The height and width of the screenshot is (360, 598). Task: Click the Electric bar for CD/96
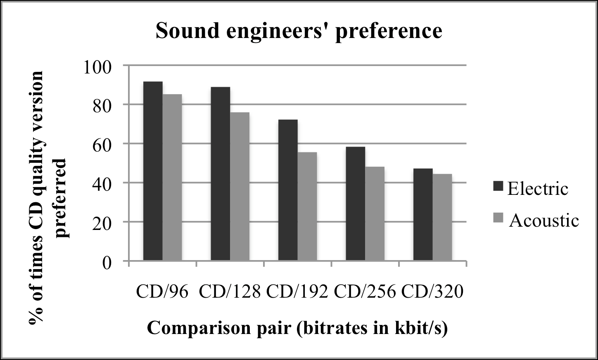click(x=152, y=171)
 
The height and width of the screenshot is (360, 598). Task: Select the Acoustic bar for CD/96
click(x=172, y=178)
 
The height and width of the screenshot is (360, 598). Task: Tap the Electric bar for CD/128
click(x=220, y=173)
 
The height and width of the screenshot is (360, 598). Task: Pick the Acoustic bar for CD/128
click(x=240, y=187)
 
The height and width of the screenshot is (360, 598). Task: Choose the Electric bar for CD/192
click(x=288, y=190)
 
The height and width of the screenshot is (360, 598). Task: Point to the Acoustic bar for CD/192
click(x=307, y=206)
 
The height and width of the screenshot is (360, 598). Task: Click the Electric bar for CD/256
click(x=355, y=204)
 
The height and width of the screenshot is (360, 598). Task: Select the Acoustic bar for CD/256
click(x=375, y=213)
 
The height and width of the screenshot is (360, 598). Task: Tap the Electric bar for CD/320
click(x=423, y=215)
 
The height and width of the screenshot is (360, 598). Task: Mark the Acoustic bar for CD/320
click(x=442, y=217)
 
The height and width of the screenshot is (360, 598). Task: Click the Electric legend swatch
click(x=498, y=188)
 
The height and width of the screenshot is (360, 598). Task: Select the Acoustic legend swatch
click(x=498, y=220)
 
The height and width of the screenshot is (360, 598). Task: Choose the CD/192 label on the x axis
click(x=297, y=291)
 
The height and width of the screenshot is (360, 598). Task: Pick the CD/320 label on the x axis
click(x=432, y=291)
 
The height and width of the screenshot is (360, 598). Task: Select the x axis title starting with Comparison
click(x=297, y=328)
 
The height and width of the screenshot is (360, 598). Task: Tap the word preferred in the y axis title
click(x=61, y=198)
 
